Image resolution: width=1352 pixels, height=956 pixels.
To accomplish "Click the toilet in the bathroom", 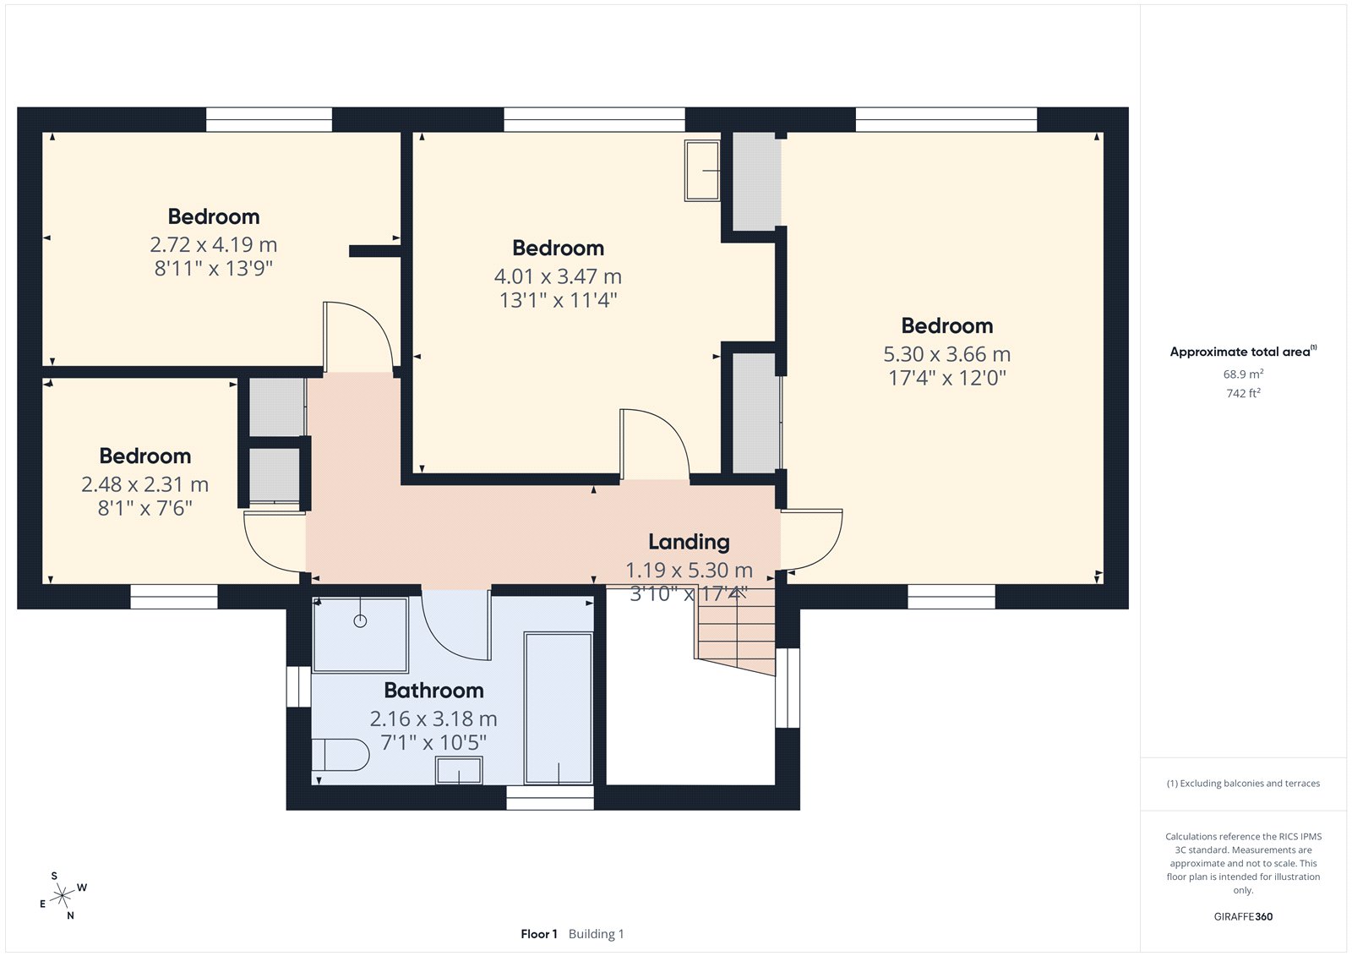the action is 340,754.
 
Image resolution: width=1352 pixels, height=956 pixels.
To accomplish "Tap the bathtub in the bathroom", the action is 559,708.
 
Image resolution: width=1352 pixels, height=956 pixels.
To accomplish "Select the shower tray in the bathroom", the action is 360,635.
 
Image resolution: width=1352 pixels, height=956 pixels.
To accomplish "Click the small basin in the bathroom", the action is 459,771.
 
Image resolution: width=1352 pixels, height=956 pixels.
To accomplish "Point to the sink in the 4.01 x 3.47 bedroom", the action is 702,170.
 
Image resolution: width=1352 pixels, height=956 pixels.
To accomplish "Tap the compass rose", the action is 63,895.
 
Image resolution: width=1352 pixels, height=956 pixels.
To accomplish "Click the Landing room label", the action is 689,542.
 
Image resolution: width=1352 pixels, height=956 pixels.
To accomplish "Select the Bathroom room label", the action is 434,691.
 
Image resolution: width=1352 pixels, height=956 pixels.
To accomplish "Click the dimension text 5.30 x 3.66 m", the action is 947,354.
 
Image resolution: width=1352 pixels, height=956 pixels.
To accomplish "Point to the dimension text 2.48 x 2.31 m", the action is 144,484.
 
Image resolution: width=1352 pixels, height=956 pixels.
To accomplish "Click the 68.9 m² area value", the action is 1243,374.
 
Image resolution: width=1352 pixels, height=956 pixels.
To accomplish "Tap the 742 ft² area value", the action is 1243,393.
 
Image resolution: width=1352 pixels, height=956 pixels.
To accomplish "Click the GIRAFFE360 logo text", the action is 1243,916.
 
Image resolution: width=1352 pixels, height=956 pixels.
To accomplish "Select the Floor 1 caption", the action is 539,934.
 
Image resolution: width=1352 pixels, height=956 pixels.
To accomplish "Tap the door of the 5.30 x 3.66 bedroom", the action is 811,540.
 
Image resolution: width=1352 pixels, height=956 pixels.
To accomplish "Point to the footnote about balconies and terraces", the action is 1243,784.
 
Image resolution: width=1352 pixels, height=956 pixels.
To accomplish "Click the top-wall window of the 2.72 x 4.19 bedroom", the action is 270,119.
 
